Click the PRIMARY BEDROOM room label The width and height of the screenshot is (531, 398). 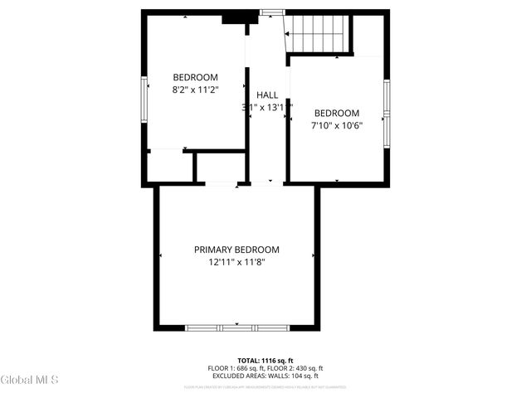236,250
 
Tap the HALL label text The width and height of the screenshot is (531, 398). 267,95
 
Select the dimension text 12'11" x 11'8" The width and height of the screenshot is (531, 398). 236,262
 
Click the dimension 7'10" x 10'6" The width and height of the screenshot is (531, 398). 336,125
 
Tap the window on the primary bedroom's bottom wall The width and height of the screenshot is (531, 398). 236,328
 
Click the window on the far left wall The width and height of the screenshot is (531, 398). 144,97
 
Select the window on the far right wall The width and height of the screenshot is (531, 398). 386,111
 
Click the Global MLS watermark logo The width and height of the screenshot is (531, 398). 30,380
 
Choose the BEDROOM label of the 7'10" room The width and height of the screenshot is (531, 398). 336,113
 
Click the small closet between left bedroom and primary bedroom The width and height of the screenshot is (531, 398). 219,167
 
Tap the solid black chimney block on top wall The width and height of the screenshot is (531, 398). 236,17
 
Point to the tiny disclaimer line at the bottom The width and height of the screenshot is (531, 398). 265,386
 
